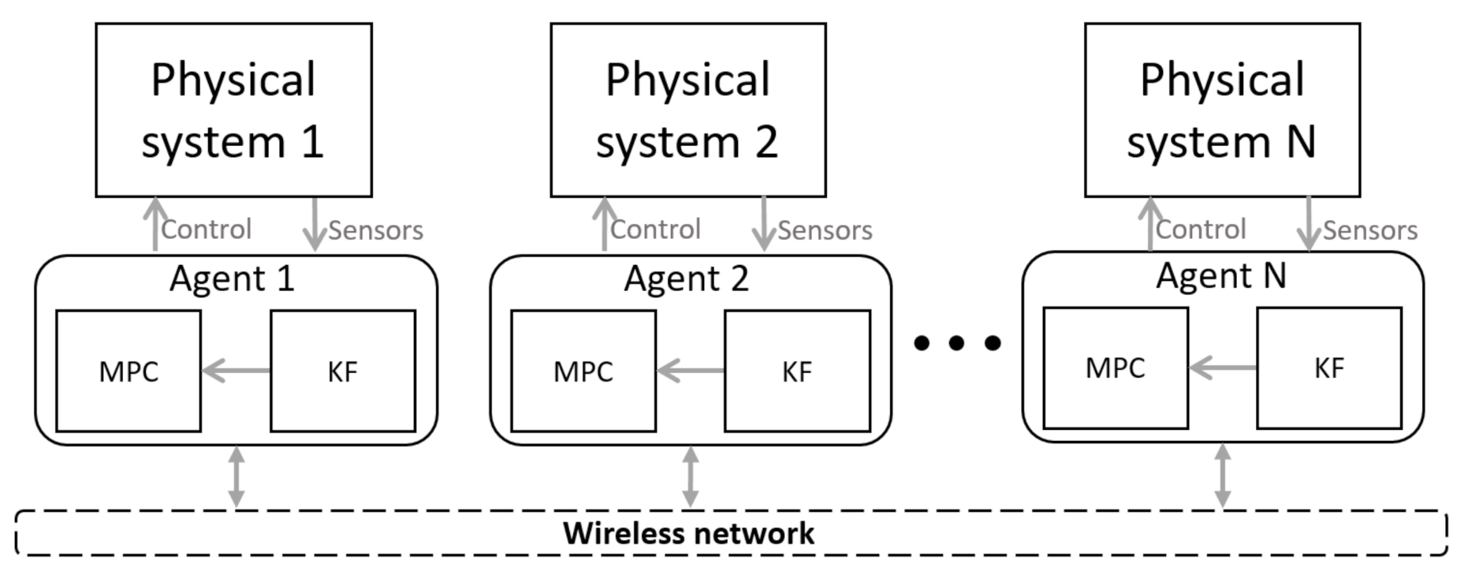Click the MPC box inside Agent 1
[129, 371]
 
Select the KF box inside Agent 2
[797, 371]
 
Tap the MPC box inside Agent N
[1116, 368]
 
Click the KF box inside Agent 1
[343, 371]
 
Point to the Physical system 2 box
[688, 110]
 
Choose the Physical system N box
[1222, 110]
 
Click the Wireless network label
[688, 533]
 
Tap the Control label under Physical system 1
[206, 230]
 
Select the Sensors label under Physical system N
[1370, 230]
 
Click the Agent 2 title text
[687, 278]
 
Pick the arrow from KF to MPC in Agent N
[1223, 368]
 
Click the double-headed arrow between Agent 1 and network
[236, 476]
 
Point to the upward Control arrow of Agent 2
[604, 225]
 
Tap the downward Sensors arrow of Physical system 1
[315, 225]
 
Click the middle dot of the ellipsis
[956, 342]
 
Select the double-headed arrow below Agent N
[1223, 475]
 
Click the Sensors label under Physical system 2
[825, 230]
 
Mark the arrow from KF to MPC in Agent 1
[236, 370]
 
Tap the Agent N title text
[1221, 275]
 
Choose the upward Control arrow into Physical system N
[1150, 225]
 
